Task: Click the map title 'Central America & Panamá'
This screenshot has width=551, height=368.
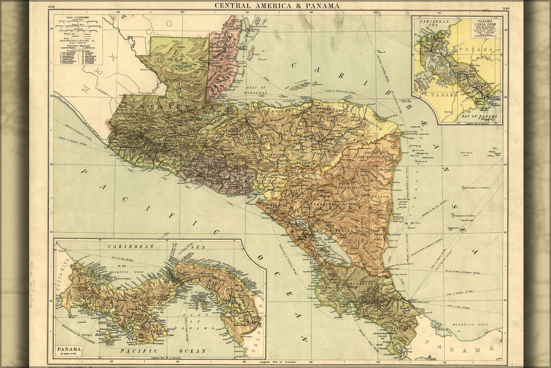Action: tap(277, 6)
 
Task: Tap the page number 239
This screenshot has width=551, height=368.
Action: tap(51, 7)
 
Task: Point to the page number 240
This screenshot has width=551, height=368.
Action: tap(506, 8)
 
